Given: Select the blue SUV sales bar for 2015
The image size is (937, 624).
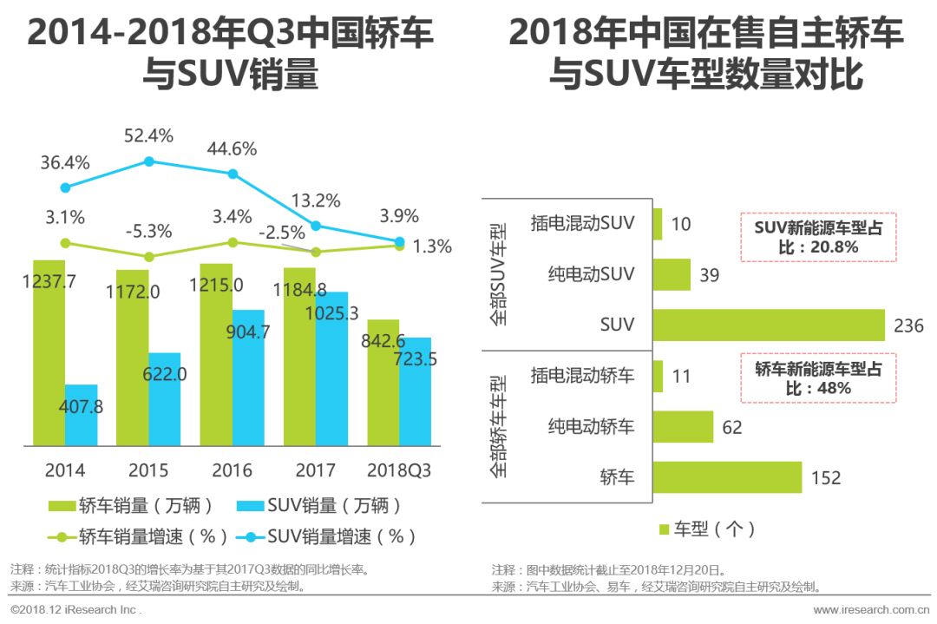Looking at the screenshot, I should (x=164, y=399).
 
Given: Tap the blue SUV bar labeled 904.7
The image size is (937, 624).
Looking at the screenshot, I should (x=248, y=378).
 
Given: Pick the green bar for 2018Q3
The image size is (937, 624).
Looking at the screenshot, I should (x=383, y=382).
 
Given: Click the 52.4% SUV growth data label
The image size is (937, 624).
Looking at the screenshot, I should (x=148, y=135).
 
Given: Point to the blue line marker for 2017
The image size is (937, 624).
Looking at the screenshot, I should (x=316, y=226).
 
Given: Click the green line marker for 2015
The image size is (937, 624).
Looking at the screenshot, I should (x=148, y=256).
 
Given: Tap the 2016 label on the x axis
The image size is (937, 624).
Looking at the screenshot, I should (x=231, y=470).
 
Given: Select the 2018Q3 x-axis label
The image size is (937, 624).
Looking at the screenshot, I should (x=398, y=470).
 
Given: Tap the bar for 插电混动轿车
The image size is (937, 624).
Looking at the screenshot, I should (x=657, y=376).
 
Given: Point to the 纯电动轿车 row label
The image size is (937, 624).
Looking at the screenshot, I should (x=591, y=426).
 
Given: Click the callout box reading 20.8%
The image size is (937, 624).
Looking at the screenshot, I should (x=817, y=237).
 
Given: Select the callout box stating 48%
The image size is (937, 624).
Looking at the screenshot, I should (x=817, y=378).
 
